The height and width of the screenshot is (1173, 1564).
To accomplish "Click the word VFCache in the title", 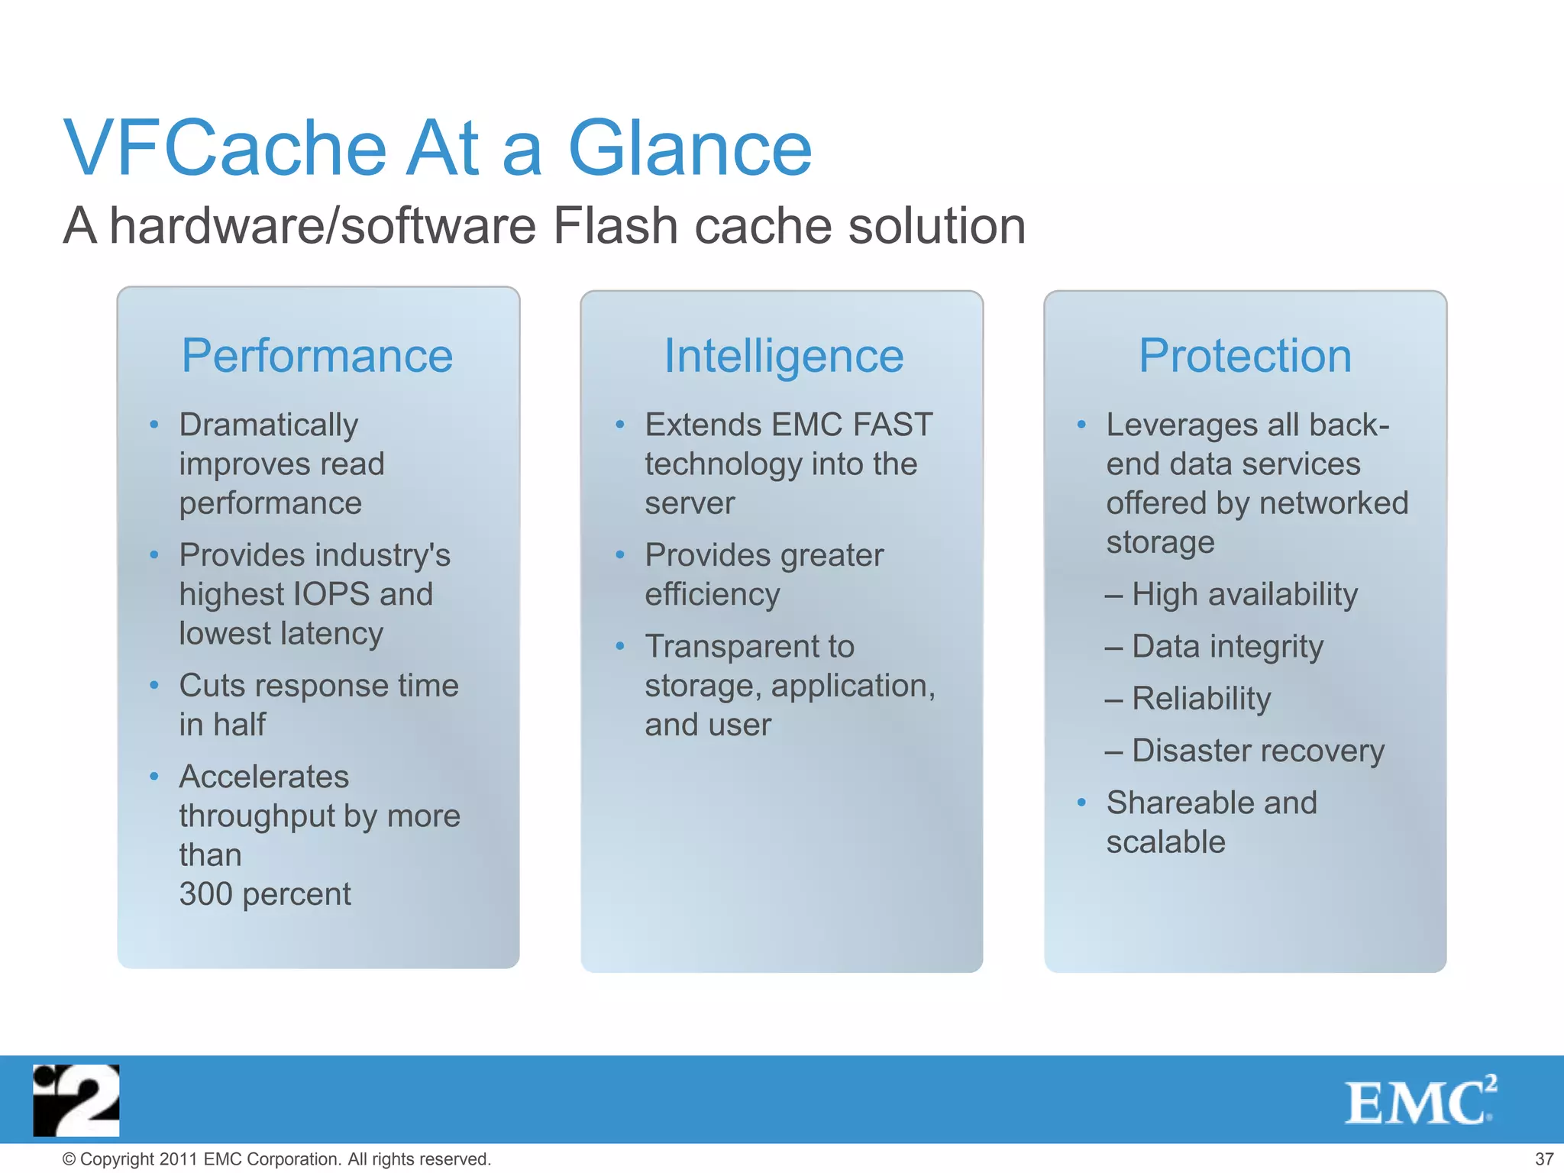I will pyautogui.click(x=226, y=148).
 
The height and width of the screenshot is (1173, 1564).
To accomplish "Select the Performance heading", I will pyautogui.click(x=317, y=356).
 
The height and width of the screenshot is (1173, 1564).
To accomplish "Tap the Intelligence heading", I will pyautogui.click(x=784, y=356).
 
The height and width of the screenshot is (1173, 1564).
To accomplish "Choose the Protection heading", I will pyautogui.click(x=1245, y=356).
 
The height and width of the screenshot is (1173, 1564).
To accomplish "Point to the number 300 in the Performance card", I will pyautogui.click(x=205, y=893).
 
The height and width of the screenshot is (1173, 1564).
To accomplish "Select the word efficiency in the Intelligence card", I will pyautogui.click(x=712, y=594).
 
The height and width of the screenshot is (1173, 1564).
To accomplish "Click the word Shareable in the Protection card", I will pyautogui.click(x=1174, y=803).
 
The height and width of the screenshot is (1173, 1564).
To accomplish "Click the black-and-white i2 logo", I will pyautogui.click(x=76, y=1100).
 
